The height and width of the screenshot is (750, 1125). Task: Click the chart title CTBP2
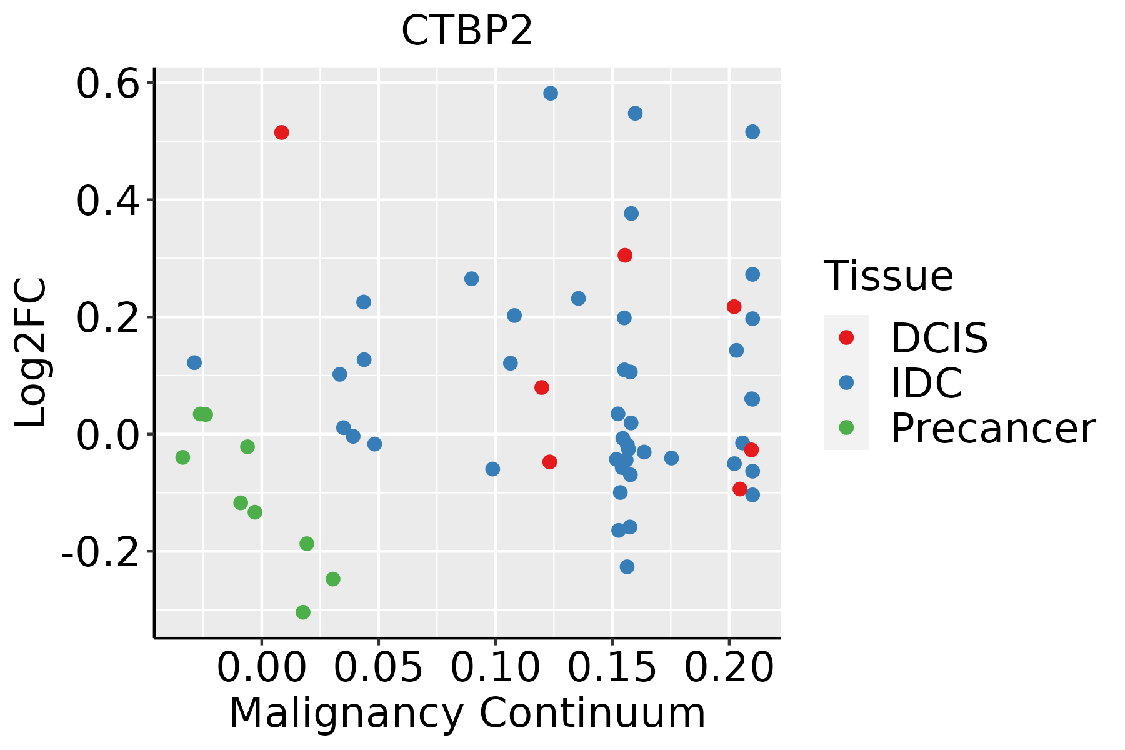[x=467, y=31]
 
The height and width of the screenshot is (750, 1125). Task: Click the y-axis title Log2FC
[x=31, y=353]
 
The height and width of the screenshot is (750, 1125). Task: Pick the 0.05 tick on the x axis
[x=378, y=668]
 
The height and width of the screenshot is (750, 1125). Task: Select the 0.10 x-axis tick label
[x=495, y=668]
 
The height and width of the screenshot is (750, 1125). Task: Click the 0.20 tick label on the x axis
[x=729, y=668]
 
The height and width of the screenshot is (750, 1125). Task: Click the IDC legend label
[x=926, y=382]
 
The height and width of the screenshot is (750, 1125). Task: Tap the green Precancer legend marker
[x=846, y=428]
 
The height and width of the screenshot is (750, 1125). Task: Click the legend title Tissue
[x=889, y=276]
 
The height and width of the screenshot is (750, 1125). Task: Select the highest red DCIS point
[x=281, y=132]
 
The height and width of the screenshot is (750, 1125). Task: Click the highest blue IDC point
[x=551, y=94]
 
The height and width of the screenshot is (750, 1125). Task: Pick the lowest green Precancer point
[x=303, y=612]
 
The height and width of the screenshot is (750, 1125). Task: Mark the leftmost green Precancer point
[x=182, y=457]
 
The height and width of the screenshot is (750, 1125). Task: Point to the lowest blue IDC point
[x=627, y=567]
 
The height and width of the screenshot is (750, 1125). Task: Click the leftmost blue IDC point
[x=194, y=362]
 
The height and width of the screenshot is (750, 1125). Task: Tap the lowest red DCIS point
[x=740, y=489]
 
